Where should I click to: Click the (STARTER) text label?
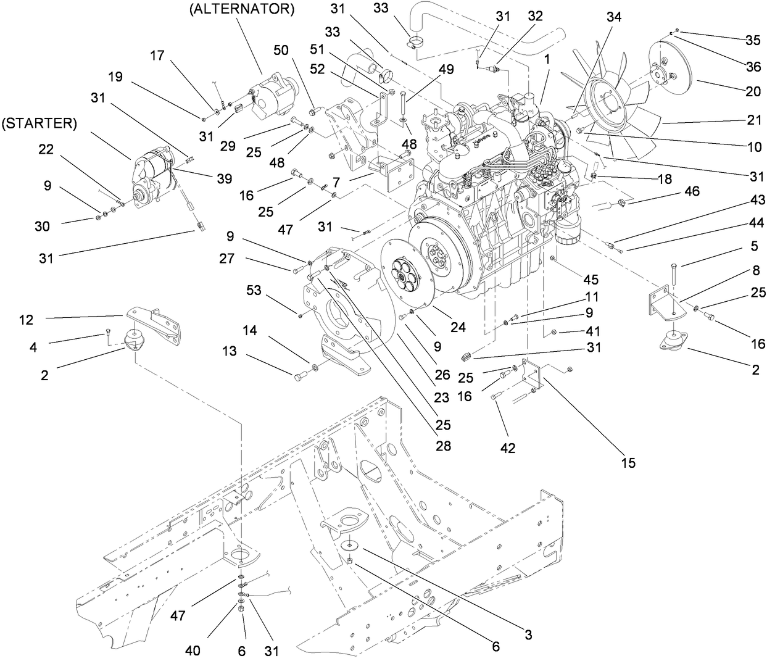pos(39,123)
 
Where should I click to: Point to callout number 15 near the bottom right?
pos(628,462)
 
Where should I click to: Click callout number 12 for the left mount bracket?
pos(26,320)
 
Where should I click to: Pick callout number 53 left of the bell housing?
pos(255,289)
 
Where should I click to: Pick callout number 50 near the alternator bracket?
pos(281,51)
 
